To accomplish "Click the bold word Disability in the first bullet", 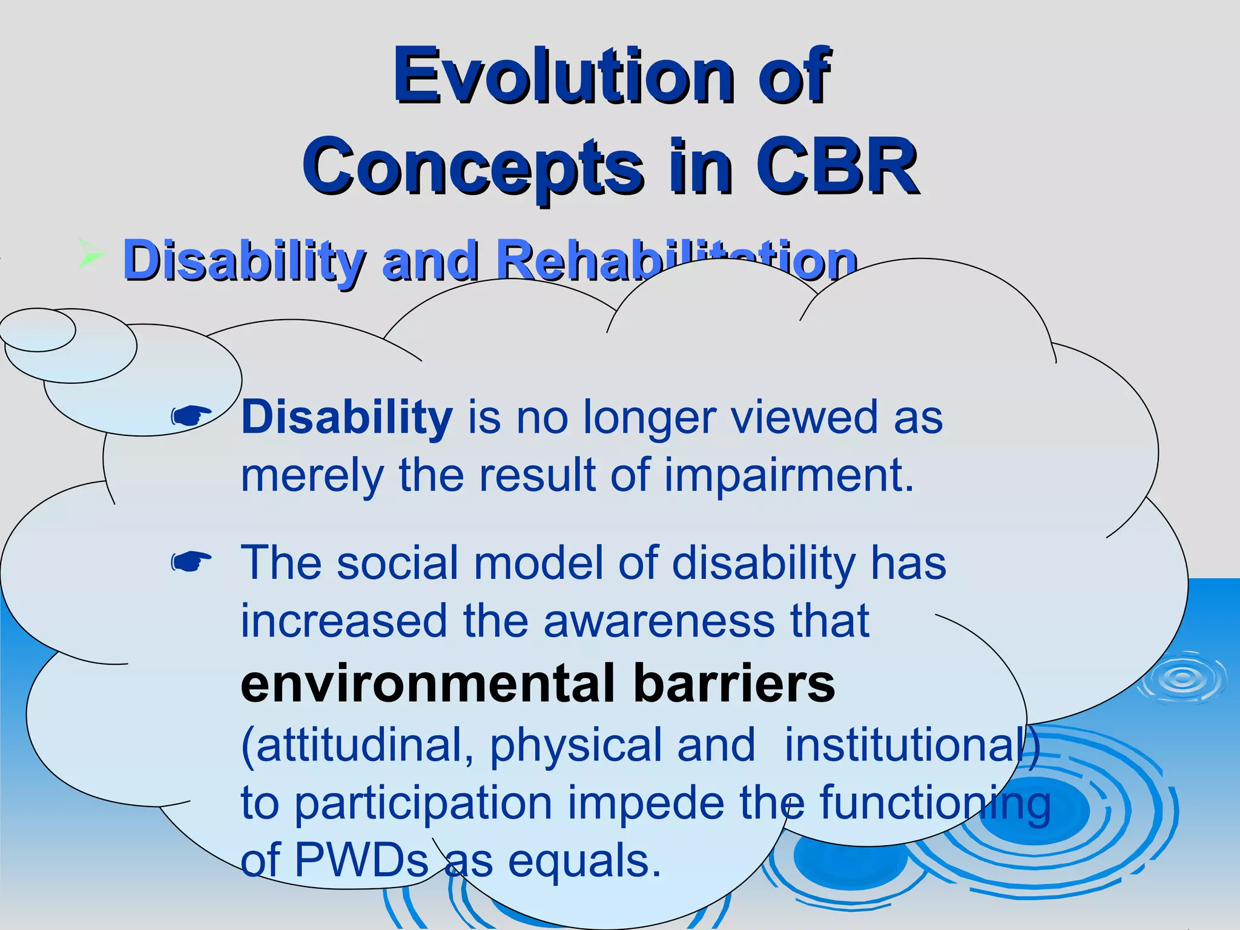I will [x=346, y=418].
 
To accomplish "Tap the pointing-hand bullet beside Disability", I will [x=191, y=417].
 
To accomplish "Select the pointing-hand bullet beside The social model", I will [x=191, y=562].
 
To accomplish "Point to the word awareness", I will [x=659, y=621].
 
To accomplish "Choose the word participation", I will [x=423, y=804].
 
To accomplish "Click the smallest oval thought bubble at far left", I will [x=38, y=330].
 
